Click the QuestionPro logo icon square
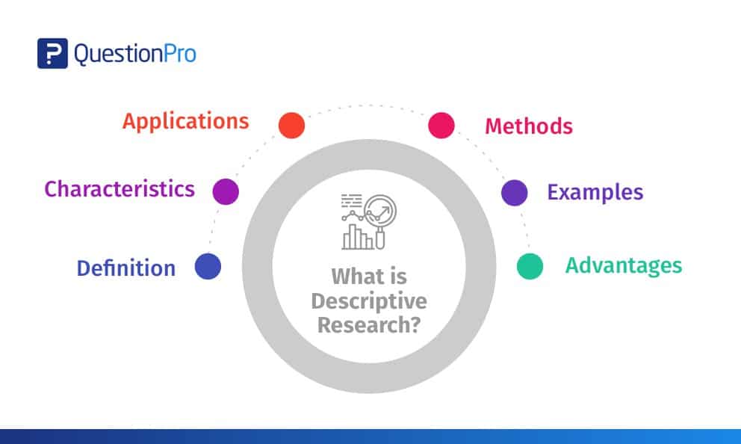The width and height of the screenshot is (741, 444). tap(52, 53)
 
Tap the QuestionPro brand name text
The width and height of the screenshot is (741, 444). tap(134, 54)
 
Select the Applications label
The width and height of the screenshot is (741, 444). tap(186, 121)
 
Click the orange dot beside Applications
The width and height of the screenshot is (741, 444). tap(291, 125)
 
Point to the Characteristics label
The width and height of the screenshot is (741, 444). tap(120, 188)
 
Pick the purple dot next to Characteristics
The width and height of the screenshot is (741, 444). tap(226, 191)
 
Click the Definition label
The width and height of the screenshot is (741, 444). tap(126, 268)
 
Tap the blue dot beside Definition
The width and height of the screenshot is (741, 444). tap(208, 267)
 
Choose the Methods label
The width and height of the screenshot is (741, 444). tap(529, 126)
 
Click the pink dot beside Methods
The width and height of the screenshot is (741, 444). tap(441, 125)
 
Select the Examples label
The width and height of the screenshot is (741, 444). tap(595, 192)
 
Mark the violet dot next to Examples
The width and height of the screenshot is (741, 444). tap(514, 192)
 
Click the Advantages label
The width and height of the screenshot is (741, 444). tap(623, 265)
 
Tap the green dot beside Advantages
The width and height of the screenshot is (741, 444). tap(530, 267)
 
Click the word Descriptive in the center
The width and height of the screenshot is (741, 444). tap(369, 301)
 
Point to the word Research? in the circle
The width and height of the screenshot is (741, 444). tap(369, 325)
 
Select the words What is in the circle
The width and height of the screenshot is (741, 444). tap(369, 277)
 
